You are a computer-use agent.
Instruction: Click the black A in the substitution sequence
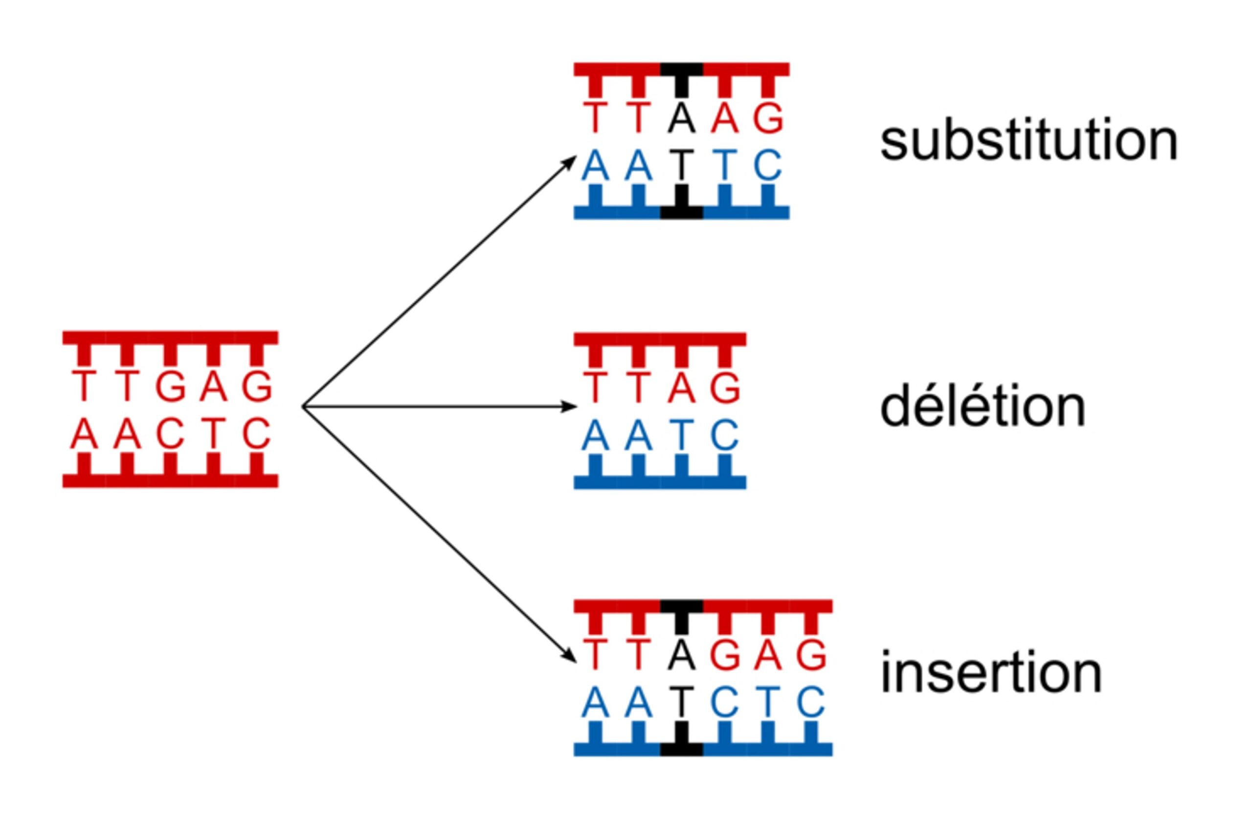[682, 119]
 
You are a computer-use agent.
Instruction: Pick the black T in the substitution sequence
[682, 165]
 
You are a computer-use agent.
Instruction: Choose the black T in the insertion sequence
[682, 702]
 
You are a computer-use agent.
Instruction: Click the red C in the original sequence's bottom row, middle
[170, 434]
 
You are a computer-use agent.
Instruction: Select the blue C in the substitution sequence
[768, 165]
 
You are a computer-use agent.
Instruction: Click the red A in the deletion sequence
[682, 388]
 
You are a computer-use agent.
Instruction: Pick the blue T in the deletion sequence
[682, 435]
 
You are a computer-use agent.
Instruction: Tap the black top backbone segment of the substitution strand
[682, 69]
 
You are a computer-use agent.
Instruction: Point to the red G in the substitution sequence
[768, 119]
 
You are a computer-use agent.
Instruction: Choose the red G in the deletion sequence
[725, 388]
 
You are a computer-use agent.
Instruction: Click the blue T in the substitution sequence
[725, 165]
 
